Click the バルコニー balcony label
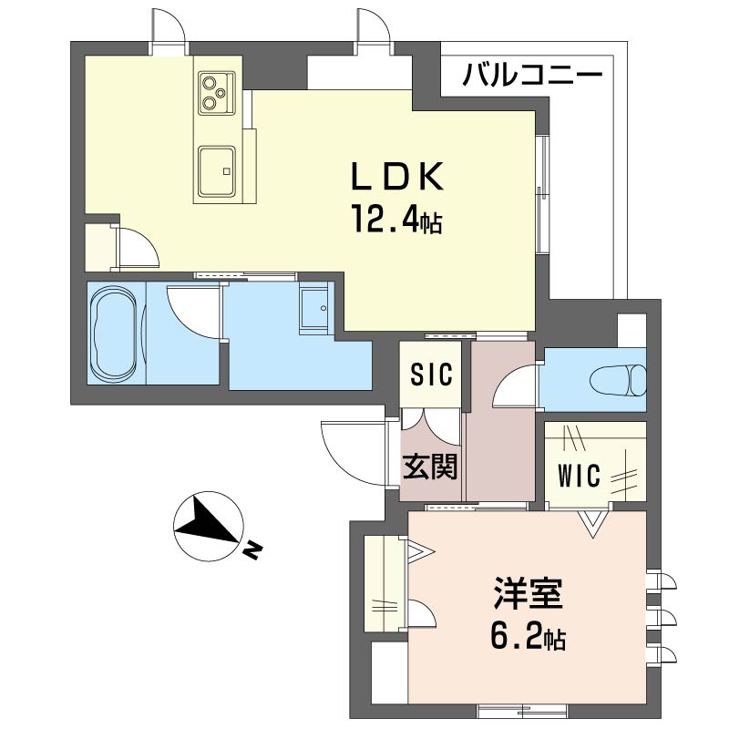click(532, 74)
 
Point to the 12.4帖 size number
click(397, 220)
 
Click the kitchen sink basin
click(217, 168)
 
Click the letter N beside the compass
click(252, 550)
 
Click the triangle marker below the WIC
click(593, 522)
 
